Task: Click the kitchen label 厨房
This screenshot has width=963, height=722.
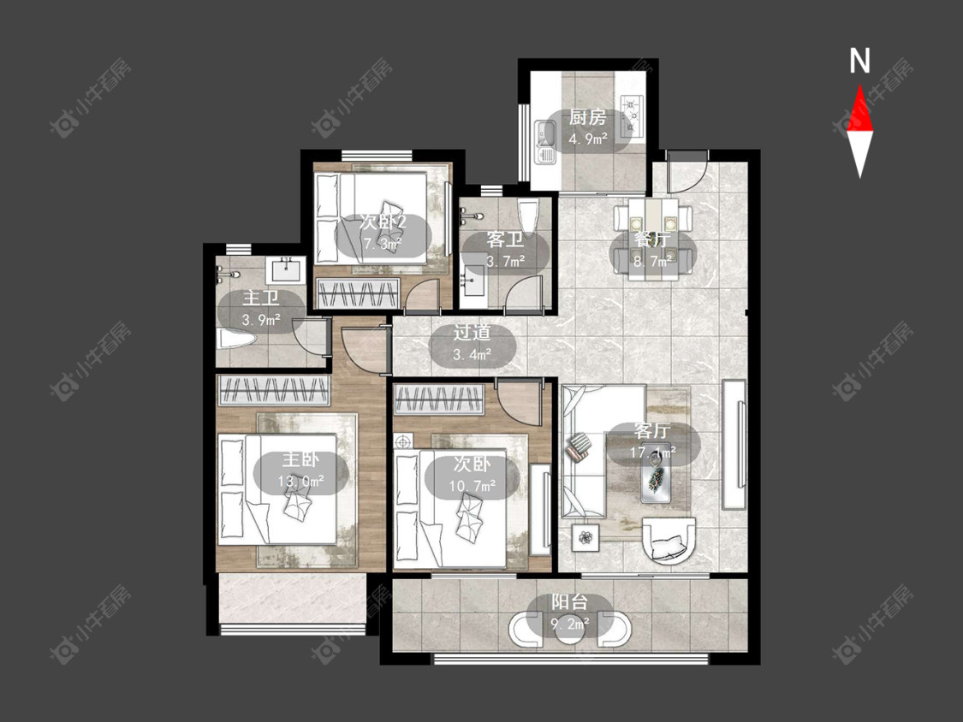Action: tap(588, 116)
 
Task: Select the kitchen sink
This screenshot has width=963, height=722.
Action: tap(545, 143)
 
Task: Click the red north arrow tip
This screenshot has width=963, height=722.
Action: tap(859, 86)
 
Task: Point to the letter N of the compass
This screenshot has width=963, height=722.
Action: tap(859, 61)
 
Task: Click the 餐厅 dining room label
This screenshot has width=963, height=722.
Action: tap(652, 240)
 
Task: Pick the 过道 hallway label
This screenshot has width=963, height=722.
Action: tap(473, 332)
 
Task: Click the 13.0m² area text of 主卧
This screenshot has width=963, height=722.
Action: tap(300, 481)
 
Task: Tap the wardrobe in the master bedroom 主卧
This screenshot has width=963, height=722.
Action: tap(274, 390)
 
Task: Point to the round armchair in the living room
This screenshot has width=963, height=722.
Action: tap(669, 541)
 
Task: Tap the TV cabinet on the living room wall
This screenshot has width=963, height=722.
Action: tap(734, 445)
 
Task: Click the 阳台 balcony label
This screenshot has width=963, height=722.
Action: tap(569, 601)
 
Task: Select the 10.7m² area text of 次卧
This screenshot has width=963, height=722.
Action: tap(473, 486)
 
